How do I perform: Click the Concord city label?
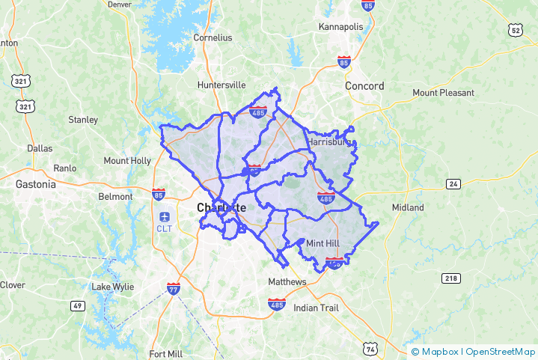[x=364, y=86]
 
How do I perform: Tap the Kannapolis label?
[x=340, y=27]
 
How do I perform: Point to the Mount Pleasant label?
[x=443, y=93]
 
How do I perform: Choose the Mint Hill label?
[x=323, y=243]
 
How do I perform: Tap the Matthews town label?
[x=287, y=281]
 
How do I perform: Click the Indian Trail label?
[x=316, y=308]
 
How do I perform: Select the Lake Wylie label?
[x=111, y=287]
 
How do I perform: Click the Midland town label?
[x=408, y=207]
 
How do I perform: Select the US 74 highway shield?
[x=370, y=348]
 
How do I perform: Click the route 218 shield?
[x=450, y=278]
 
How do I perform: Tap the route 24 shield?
[x=453, y=183]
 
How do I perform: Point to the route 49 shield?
[x=78, y=305]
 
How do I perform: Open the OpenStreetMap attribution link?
[x=501, y=351]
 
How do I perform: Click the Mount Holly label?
[x=127, y=160]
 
